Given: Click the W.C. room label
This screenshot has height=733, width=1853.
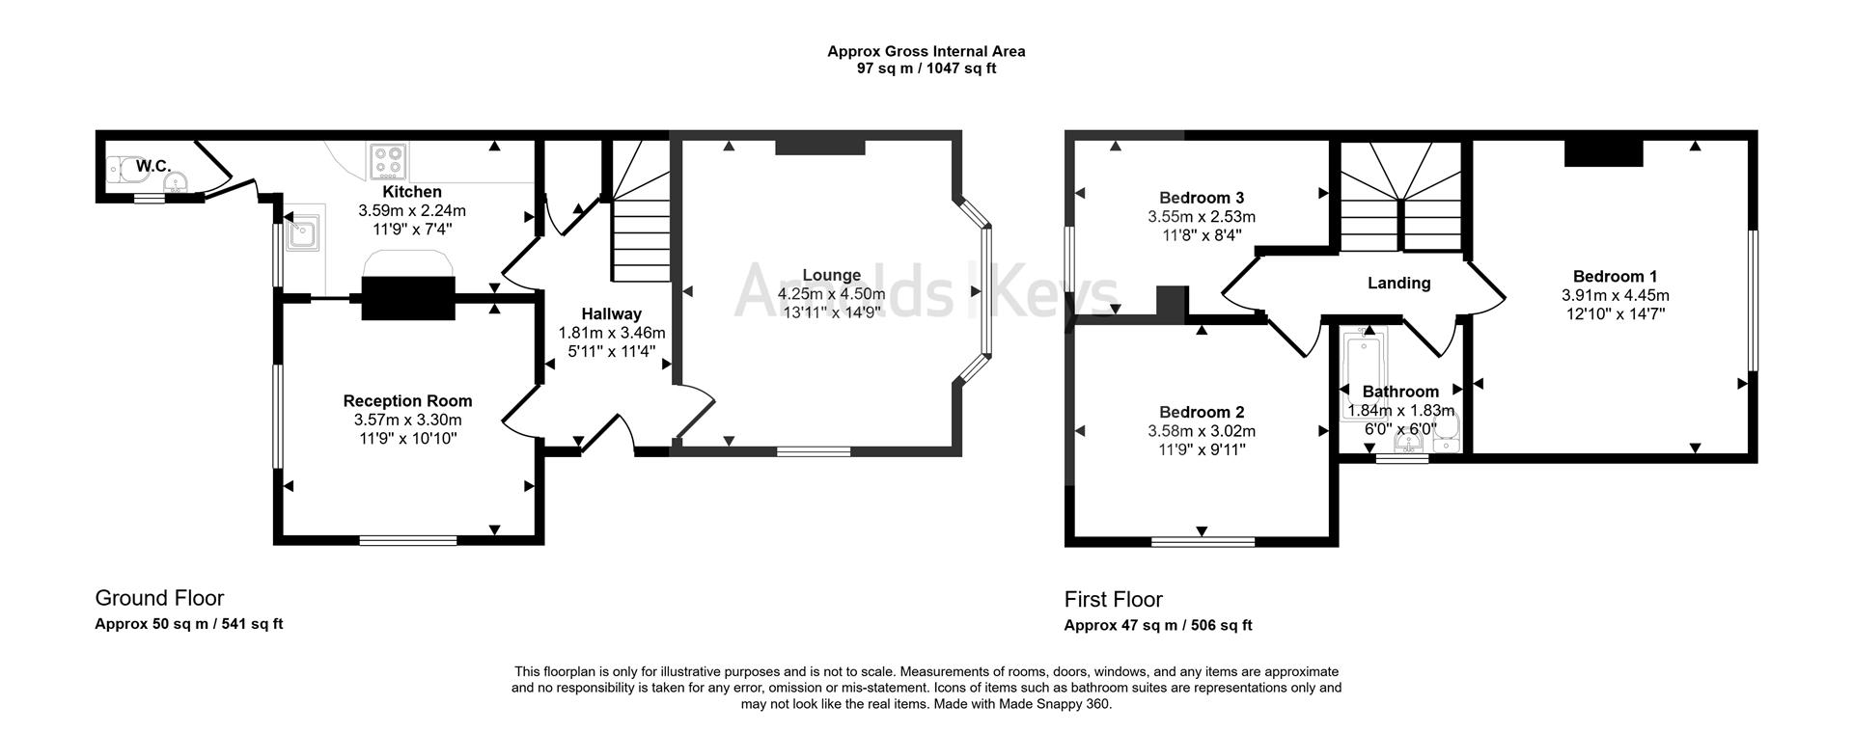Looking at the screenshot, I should point(153,167).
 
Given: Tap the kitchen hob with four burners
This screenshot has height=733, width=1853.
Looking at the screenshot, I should point(387,162).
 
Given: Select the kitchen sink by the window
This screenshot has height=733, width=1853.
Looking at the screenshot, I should point(302,232).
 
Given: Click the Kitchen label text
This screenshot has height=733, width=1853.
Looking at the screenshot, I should point(412,192).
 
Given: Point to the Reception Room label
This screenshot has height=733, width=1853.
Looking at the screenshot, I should point(408,401).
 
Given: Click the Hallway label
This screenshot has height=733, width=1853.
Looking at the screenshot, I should point(611,313).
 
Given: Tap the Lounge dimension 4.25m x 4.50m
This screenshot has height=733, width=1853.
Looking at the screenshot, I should point(831,294).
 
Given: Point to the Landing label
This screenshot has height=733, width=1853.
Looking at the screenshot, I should point(1398,284).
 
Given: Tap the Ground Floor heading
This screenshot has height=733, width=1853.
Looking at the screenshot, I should point(159,598).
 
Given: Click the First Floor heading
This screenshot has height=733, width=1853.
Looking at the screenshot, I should point(1114,600).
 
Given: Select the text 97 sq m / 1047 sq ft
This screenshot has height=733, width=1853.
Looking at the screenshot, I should point(926,68).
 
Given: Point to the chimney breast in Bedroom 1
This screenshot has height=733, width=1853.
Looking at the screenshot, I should point(1603,153).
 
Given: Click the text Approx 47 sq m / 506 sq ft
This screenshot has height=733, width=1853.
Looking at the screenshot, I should point(1158,625).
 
